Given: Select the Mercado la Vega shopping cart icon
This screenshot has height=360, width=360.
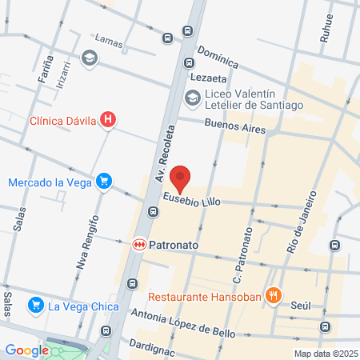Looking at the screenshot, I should [x=102, y=182].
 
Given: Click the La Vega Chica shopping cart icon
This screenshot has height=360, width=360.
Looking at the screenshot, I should [x=34, y=305].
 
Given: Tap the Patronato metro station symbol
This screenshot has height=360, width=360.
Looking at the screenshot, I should [x=138, y=242].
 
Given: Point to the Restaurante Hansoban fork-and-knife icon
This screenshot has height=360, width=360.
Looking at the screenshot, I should [x=273, y=294].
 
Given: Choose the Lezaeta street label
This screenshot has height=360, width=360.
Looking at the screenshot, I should [x=210, y=78].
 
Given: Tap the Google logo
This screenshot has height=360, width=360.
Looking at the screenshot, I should [x=26, y=350].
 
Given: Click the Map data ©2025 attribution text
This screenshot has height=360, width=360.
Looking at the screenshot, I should [x=325, y=353].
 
